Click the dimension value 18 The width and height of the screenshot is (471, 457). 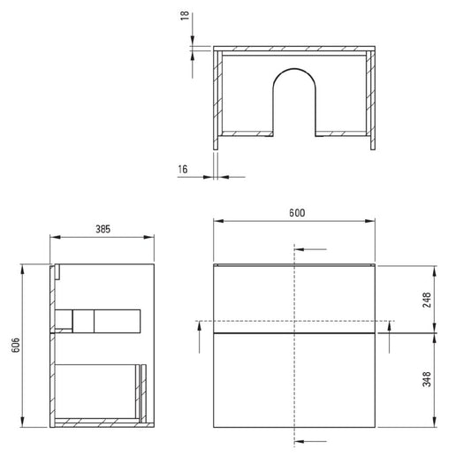click(185, 15)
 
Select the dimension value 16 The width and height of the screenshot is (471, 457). click(183, 170)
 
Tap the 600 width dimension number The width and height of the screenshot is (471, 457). click(297, 213)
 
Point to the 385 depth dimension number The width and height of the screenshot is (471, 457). click(103, 229)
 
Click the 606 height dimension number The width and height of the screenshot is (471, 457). click(16, 345)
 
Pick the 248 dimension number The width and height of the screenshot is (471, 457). click(427, 300)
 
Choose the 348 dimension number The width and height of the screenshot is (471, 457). click(427, 379)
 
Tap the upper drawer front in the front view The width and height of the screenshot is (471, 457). click(294, 300)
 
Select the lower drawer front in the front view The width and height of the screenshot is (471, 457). click(294, 380)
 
